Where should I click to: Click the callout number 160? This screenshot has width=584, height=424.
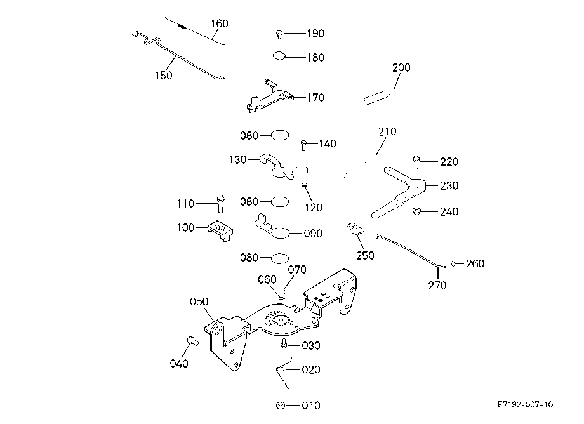click(x=220, y=23)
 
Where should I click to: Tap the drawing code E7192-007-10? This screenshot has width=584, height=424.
click(x=525, y=404)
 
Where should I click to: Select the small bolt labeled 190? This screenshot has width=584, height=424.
click(x=279, y=34)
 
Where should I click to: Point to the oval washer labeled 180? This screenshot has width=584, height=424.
click(x=279, y=56)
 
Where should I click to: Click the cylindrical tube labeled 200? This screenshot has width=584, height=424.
click(x=376, y=98)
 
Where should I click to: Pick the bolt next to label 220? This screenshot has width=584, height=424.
click(x=416, y=162)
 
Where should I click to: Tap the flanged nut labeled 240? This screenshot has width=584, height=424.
click(x=416, y=211)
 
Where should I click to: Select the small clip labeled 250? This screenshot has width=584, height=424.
click(x=355, y=229)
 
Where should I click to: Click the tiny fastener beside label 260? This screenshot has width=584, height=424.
click(x=454, y=263)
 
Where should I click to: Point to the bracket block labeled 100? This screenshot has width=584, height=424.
click(x=220, y=230)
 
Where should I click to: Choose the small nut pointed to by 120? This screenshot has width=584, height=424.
click(x=304, y=185)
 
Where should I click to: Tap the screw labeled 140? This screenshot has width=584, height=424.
click(x=303, y=145)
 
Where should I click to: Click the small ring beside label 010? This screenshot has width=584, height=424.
click(x=281, y=405)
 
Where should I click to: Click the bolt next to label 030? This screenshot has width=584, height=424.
click(x=284, y=343)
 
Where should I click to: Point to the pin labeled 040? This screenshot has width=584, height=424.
click(x=192, y=341)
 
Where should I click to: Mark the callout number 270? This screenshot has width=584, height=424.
click(x=437, y=285)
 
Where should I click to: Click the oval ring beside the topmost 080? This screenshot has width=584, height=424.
click(x=279, y=135)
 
